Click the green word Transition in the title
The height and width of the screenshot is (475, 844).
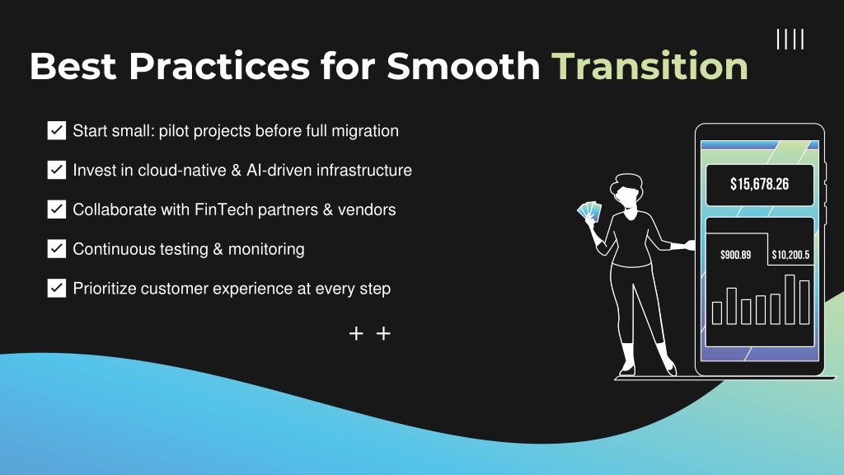point(649,66)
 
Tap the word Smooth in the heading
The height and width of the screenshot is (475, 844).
point(463,66)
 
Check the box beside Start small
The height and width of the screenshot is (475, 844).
point(57,130)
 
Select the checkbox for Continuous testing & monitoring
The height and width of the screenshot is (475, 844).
point(57,249)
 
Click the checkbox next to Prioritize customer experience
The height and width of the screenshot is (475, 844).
point(57,288)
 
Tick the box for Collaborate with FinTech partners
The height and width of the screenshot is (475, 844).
point(57,209)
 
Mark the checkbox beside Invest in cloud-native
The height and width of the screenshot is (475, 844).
point(57,170)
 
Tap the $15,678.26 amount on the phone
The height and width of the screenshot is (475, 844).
point(759,184)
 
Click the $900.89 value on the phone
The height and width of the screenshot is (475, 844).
point(735,255)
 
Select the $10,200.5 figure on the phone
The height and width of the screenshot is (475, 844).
point(790,255)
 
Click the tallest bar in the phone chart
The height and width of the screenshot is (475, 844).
point(790,299)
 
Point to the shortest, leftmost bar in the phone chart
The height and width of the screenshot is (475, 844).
point(717,313)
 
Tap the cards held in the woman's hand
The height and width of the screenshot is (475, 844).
point(589,211)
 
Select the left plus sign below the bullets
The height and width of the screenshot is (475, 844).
point(356,334)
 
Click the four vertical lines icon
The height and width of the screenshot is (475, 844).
point(790,40)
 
